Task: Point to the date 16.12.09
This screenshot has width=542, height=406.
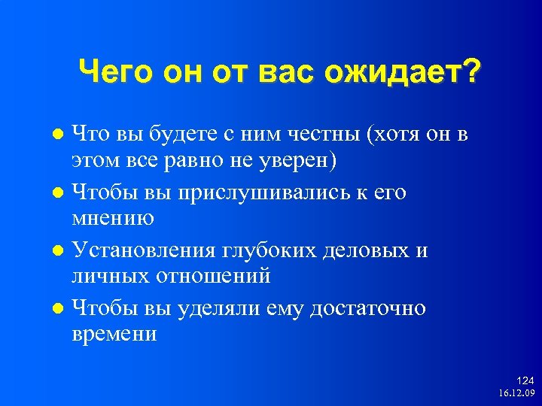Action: coord(516,393)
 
